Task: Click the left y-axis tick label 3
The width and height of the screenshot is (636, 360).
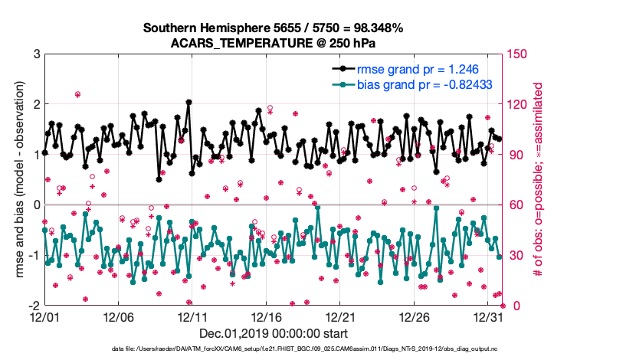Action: pyautogui.click(x=35, y=54)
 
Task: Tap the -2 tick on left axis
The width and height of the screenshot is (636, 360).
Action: pyautogui.click(x=33, y=306)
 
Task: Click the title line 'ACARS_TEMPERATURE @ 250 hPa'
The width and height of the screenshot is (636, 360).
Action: pyautogui.click(x=274, y=43)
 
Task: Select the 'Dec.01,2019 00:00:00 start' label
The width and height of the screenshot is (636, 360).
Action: pyautogui.click(x=274, y=333)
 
